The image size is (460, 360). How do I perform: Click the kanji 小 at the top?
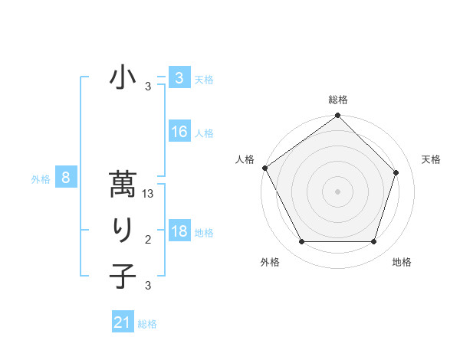(123, 78)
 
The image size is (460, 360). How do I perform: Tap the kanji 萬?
(123, 186)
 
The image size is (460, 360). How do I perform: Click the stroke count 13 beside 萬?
(149, 195)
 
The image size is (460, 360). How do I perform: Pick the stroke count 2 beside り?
(148, 241)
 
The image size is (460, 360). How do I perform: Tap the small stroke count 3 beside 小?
(148, 87)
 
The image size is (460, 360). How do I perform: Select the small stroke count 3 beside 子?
(148, 286)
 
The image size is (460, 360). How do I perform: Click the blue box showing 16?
(179, 132)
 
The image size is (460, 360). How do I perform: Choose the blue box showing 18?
(179, 231)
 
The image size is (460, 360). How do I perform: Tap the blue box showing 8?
(66, 178)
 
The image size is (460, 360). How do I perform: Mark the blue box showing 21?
(123, 322)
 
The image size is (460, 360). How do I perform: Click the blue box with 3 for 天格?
(179, 77)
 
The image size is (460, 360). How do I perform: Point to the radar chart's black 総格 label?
(338, 100)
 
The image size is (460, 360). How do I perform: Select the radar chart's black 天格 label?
(432, 159)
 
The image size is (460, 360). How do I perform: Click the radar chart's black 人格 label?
(245, 159)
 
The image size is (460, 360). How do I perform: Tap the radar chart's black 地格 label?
(402, 262)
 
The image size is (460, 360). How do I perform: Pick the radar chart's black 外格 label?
(270, 262)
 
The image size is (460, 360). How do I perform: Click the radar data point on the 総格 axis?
(338, 116)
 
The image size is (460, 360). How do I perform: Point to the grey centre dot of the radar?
(338, 191)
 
